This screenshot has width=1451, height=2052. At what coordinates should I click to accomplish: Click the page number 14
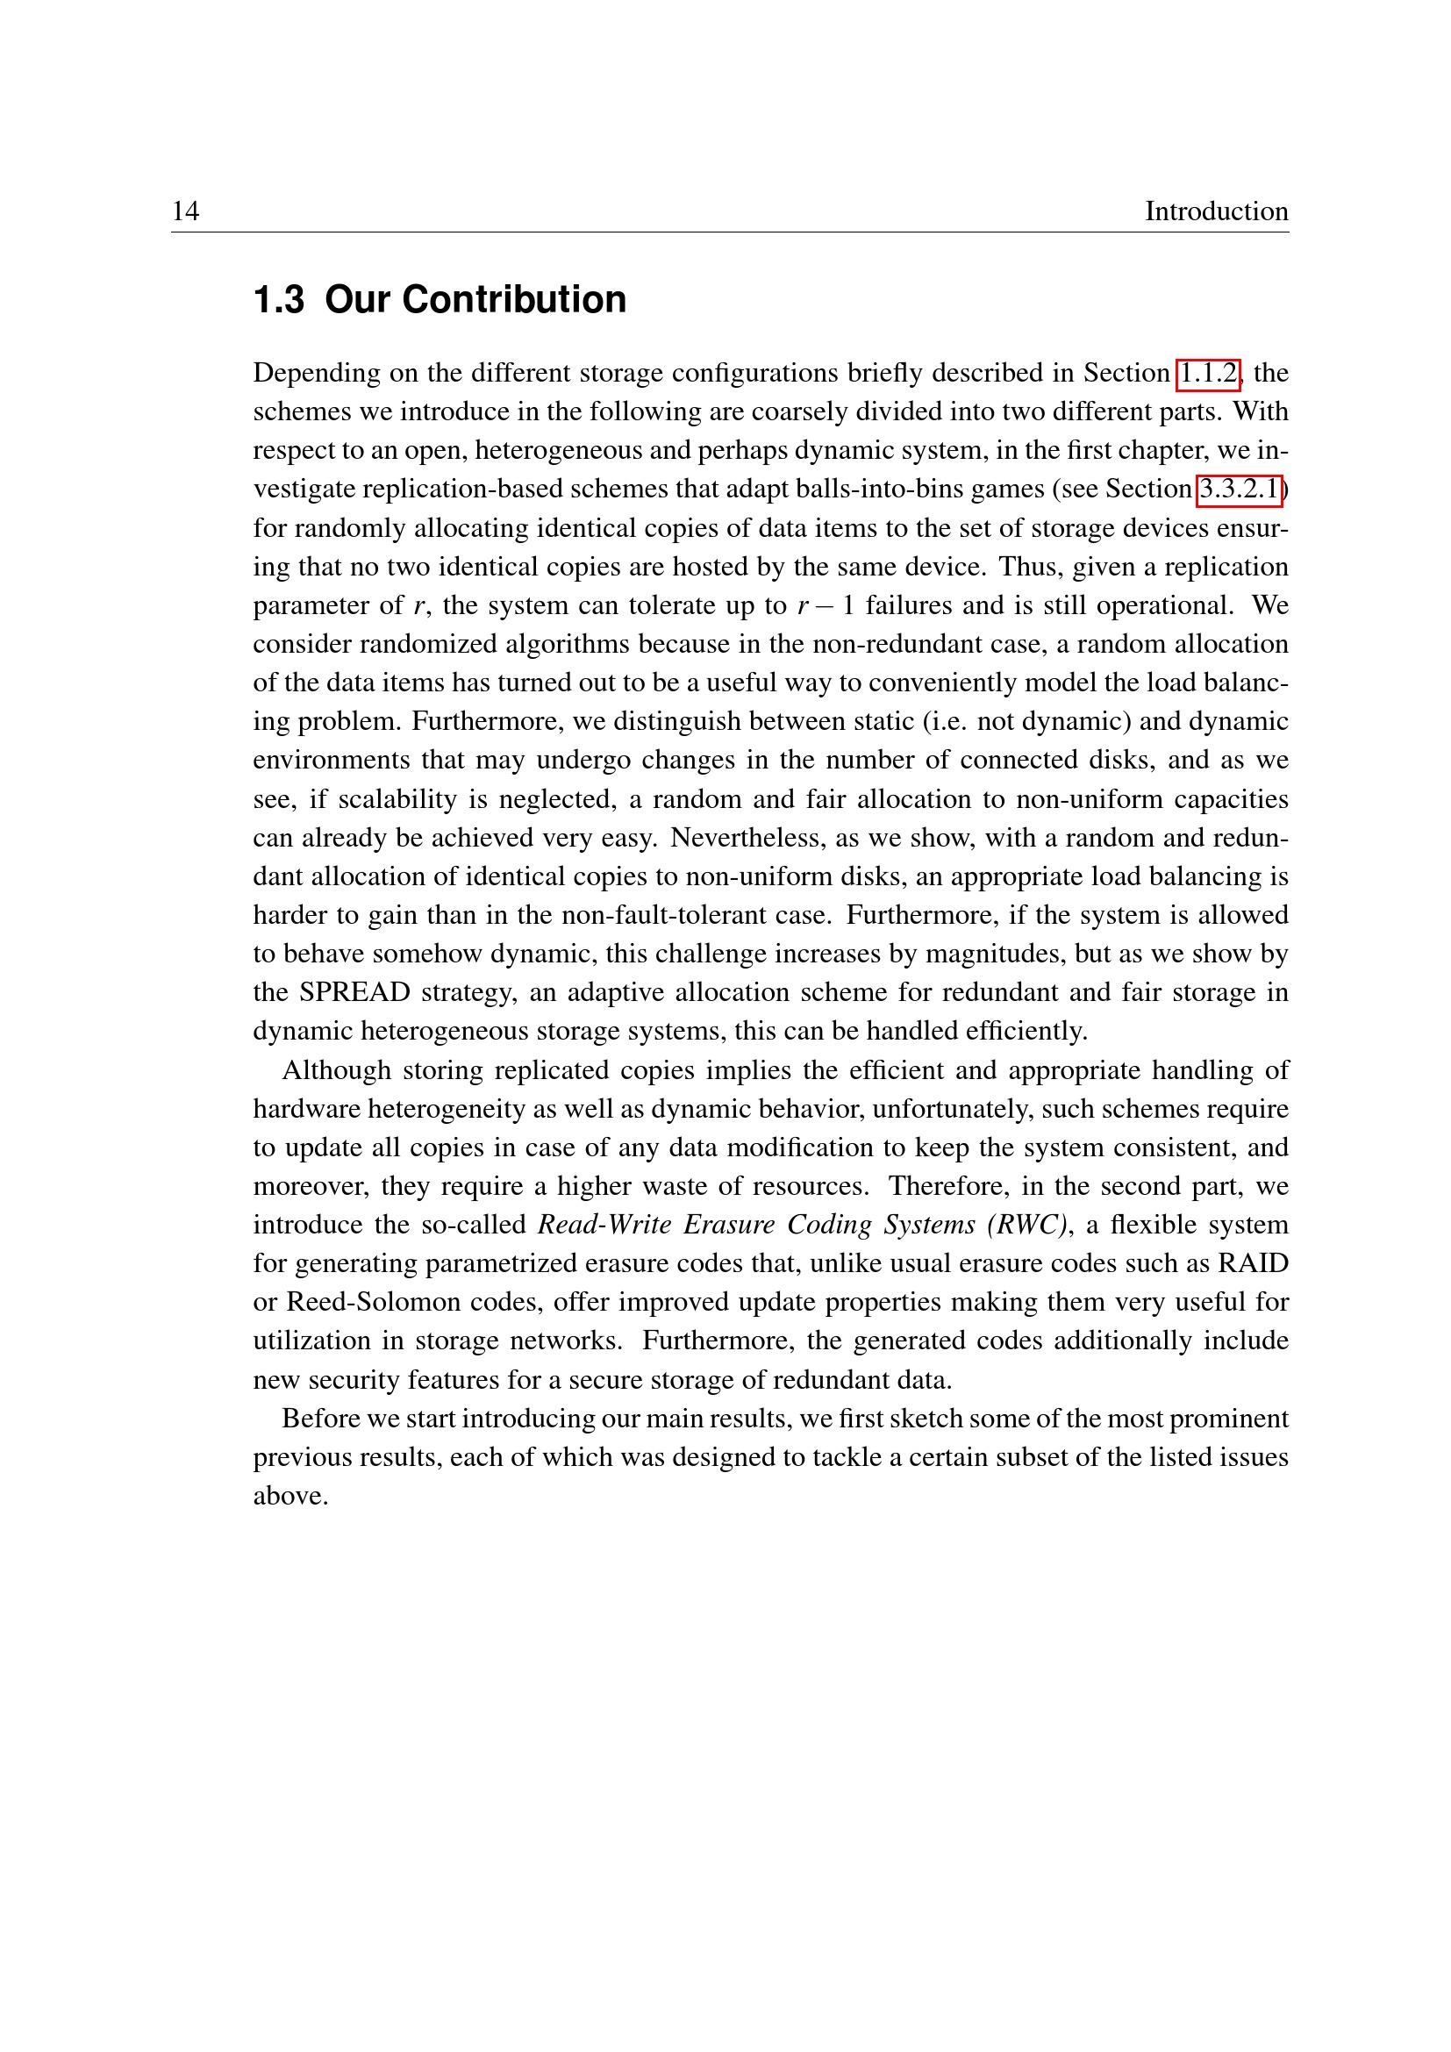pos(185,211)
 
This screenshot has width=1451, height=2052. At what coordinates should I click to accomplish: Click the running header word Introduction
pos(1216,211)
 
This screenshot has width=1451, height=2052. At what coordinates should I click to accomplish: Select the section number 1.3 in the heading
pos(278,299)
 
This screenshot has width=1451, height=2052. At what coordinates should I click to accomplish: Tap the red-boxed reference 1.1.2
pos(1208,373)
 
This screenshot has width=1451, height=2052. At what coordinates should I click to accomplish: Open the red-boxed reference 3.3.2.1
pos(1239,489)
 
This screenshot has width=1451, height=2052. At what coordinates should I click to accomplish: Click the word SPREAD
pos(354,992)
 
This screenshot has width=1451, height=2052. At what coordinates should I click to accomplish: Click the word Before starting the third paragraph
pos(322,1419)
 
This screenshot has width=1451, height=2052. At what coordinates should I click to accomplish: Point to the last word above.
pos(290,1496)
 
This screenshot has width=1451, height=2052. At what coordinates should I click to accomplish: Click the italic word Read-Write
pos(604,1225)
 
